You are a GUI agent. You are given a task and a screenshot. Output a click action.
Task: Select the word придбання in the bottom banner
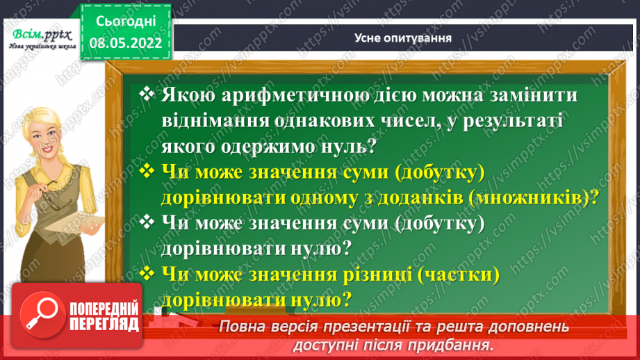(458, 345)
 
